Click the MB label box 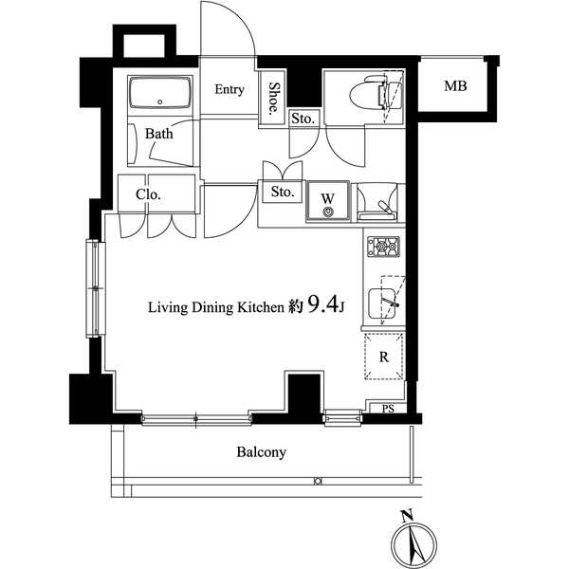click(455, 87)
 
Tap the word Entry click(229, 90)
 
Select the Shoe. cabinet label click(273, 98)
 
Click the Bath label click(159, 134)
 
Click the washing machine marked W click(328, 202)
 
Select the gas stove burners click(384, 247)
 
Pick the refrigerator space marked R click(383, 358)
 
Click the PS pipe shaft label click(387, 409)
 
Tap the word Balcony click(261, 452)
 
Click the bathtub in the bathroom click(159, 96)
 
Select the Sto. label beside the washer click(283, 192)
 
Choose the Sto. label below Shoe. click(303, 119)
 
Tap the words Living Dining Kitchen click(214, 307)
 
